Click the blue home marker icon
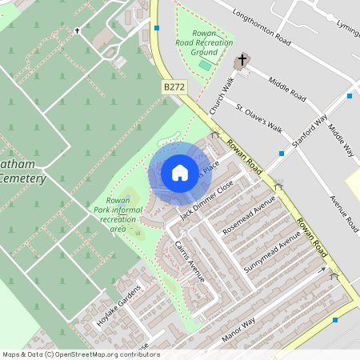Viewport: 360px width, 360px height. point(180,172)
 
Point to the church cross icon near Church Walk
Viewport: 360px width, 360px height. point(241,62)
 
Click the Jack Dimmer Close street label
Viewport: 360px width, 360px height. point(207,199)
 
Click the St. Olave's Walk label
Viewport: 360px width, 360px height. point(259,117)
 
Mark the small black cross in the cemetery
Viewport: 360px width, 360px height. point(78,30)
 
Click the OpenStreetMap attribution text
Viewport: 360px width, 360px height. point(80,354)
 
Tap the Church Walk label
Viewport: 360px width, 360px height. point(221,95)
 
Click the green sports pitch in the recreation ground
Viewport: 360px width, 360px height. point(206,63)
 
